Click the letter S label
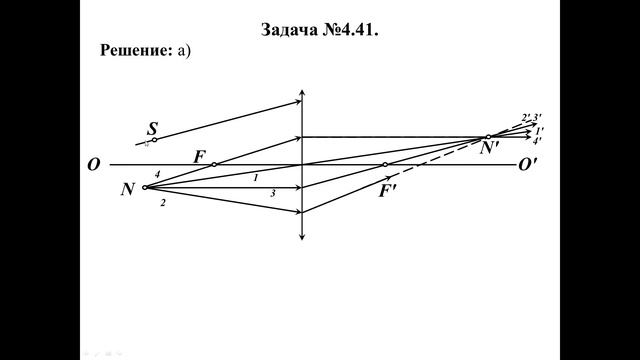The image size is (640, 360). click(x=152, y=128)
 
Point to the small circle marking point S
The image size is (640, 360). click(x=154, y=140)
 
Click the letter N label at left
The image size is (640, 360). click(x=128, y=188)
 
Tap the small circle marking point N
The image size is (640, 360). click(x=145, y=187)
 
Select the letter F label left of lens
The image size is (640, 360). click(x=199, y=156)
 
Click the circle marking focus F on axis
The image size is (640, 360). click(x=214, y=164)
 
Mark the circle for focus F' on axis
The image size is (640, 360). click(x=386, y=164)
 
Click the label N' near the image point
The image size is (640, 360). click(x=490, y=149)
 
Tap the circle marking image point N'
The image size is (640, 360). click(x=488, y=137)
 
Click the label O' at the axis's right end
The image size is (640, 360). click(x=528, y=165)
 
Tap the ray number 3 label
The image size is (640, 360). click(x=272, y=194)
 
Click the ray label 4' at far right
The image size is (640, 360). click(x=537, y=141)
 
